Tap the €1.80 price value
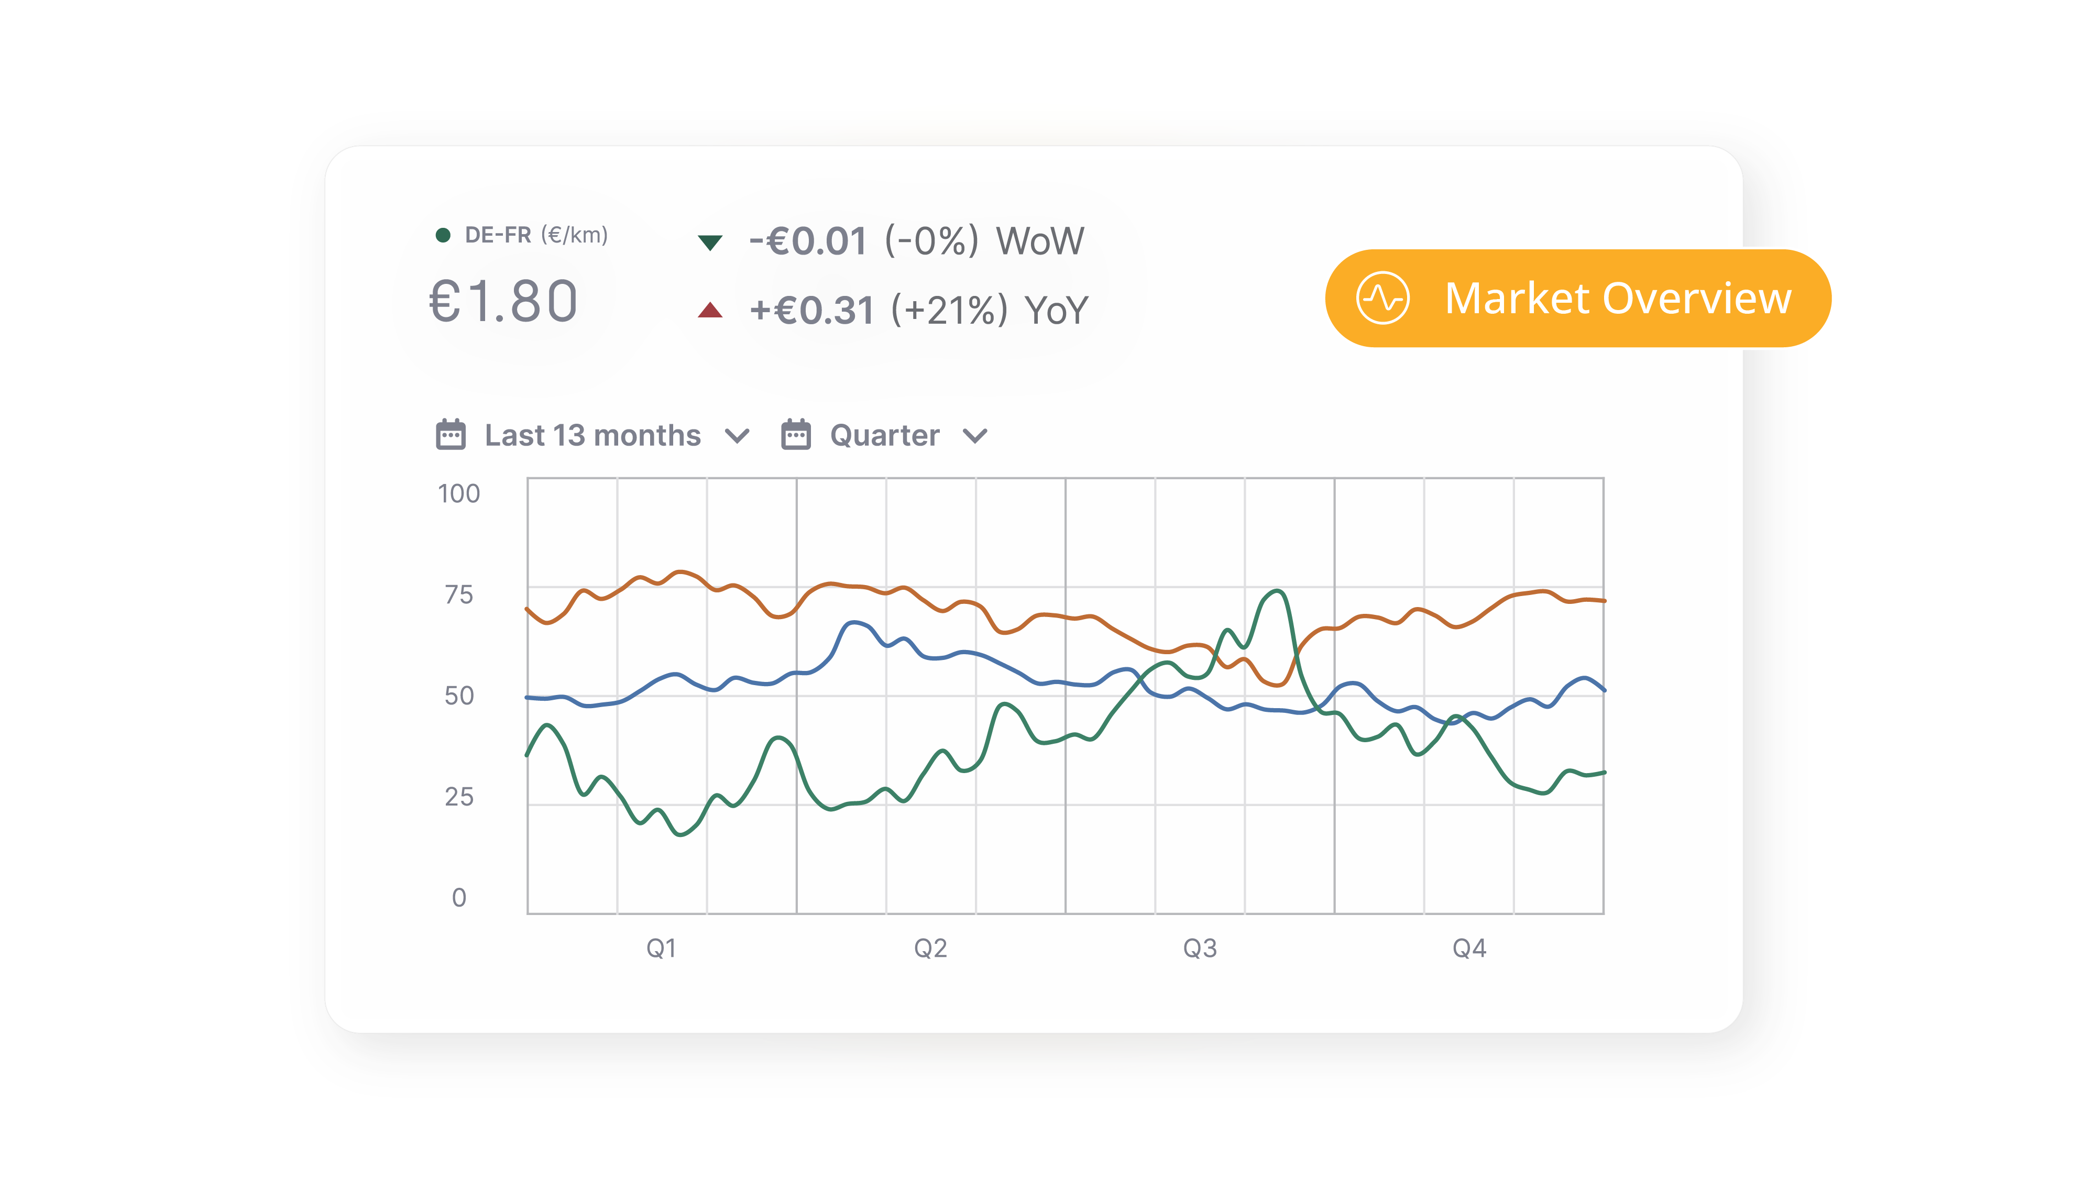pyautogui.click(x=503, y=301)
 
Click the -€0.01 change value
pyautogui.click(x=808, y=241)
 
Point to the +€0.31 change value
pyautogui.click(x=811, y=311)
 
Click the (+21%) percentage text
pyautogui.click(x=950, y=311)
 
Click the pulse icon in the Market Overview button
pyautogui.click(x=1382, y=298)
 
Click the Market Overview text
pyautogui.click(x=1618, y=298)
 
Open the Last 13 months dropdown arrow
pyautogui.click(x=737, y=436)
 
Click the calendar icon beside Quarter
pyautogui.click(x=796, y=435)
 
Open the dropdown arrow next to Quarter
pyautogui.click(x=975, y=436)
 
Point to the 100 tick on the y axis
pyautogui.click(x=459, y=494)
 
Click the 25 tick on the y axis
pyautogui.click(x=459, y=797)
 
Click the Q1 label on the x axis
pyautogui.click(x=661, y=948)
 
